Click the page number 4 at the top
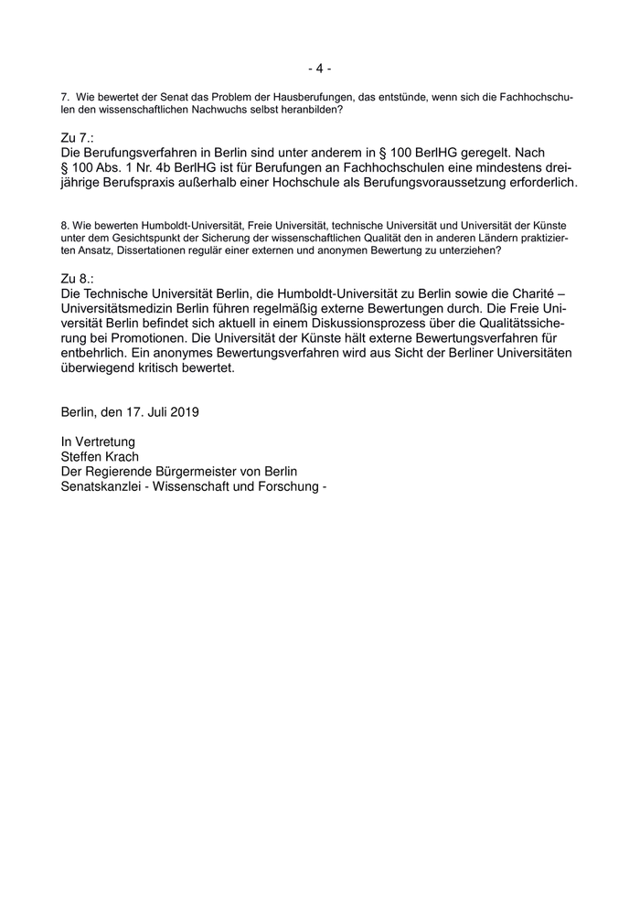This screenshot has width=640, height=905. (x=319, y=69)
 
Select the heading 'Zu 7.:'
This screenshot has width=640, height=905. (x=79, y=135)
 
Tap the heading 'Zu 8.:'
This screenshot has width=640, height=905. (x=79, y=278)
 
